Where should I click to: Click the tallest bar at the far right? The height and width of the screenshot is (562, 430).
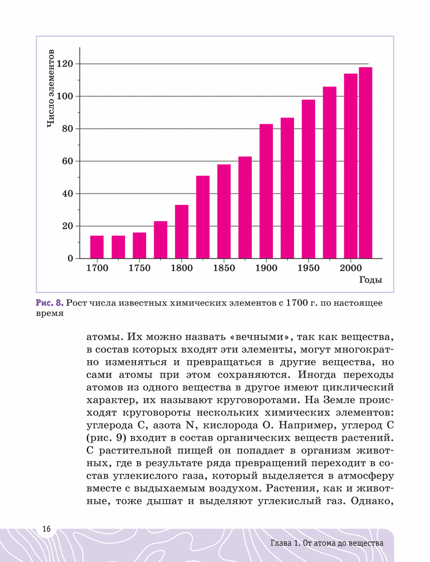pos(366,163)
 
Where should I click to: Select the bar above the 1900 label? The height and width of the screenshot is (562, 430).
pos(266,191)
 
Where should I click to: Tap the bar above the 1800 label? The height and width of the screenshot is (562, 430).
pos(181,232)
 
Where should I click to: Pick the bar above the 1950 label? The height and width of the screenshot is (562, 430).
pos(308,179)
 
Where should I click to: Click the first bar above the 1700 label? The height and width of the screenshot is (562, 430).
pos(97,247)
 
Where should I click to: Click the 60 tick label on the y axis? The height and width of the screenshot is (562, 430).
pos(68,161)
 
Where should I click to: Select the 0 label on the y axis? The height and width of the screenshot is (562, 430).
pos(70,259)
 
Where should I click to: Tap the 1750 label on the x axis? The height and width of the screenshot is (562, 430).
pos(139,268)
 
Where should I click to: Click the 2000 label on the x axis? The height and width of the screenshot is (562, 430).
pos(351,268)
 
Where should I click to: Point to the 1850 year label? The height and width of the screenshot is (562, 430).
pos(224,268)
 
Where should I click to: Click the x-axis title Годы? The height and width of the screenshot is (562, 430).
pos(370,280)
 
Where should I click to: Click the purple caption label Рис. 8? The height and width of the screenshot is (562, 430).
pos(50,303)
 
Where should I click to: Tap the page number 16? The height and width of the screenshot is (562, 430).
pos(46,528)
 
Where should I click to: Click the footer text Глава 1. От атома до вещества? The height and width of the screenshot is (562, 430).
pos(327,543)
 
